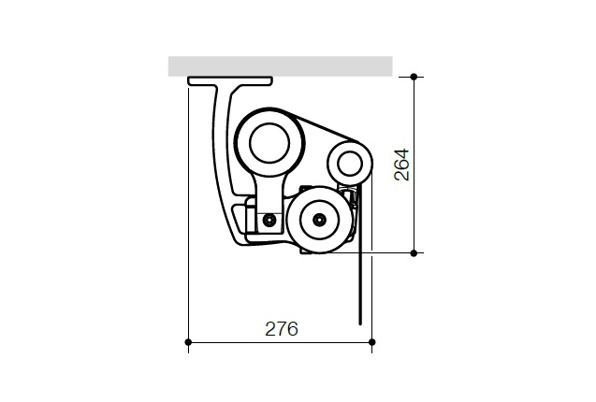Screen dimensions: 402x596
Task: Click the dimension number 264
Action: (x=401, y=165)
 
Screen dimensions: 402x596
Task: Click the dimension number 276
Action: (x=281, y=329)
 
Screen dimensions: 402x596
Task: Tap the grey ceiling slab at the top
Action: (x=280, y=65)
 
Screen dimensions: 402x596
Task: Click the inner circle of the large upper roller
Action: (x=270, y=141)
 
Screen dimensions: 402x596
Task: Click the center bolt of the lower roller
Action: (x=320, y=220)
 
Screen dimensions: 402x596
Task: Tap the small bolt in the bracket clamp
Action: (x=269, y=220)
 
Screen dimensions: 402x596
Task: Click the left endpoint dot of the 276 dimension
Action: (x=189, y=342)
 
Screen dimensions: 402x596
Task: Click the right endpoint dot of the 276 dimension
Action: (x=372, y=342)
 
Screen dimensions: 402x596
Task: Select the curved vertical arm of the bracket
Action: (x=223, y=159)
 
